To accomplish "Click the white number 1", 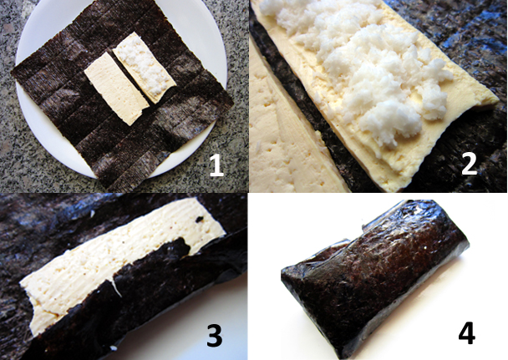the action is coord(216,165).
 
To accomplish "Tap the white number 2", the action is coord(469,163).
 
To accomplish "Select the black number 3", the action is coord(215,336).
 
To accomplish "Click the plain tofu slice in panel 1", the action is coord(116,88).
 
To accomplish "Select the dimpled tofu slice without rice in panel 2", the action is coord(285,136).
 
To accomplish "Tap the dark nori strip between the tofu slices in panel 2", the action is coord(311,107).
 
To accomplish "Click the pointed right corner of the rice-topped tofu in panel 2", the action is coord(498,99).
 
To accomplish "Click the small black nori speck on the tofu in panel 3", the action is coord(199,219).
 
